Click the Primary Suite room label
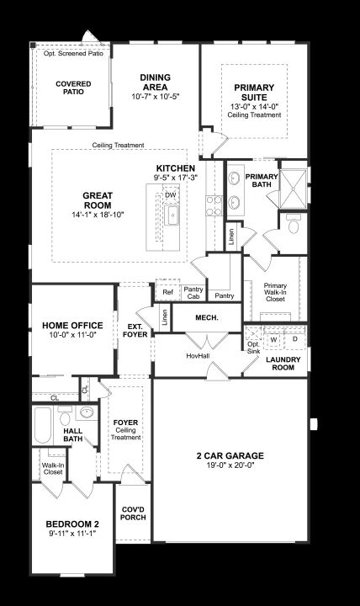254,93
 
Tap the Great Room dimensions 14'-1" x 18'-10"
98,215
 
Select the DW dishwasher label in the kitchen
171,195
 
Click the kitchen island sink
172,215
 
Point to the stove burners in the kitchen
214,205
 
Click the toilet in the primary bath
294,224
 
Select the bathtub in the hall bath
43,425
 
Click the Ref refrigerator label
167,292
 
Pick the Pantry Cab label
193,293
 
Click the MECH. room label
207,317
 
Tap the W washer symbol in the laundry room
273,340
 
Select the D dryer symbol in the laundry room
295,339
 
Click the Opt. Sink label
253,348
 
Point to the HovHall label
198,355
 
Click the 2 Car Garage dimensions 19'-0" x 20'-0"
230,465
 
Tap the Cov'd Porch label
133,513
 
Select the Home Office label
72,326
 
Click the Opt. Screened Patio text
73,53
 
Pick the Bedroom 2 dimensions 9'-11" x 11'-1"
72,534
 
